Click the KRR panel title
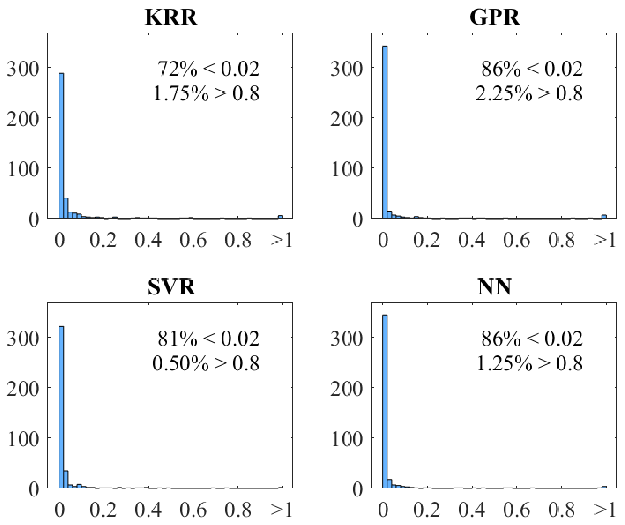171,17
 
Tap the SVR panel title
172,287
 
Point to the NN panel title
494,287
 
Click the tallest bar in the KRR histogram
61,146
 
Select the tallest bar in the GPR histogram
385,133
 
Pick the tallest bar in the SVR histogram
61,408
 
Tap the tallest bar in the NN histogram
385,402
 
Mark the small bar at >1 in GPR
604,216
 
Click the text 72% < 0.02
208,69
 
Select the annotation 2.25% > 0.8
529,94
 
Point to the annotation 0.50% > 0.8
205,363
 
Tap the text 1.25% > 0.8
529,363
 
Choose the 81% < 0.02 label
208,339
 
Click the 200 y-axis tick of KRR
23,119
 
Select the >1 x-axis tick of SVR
281,509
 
